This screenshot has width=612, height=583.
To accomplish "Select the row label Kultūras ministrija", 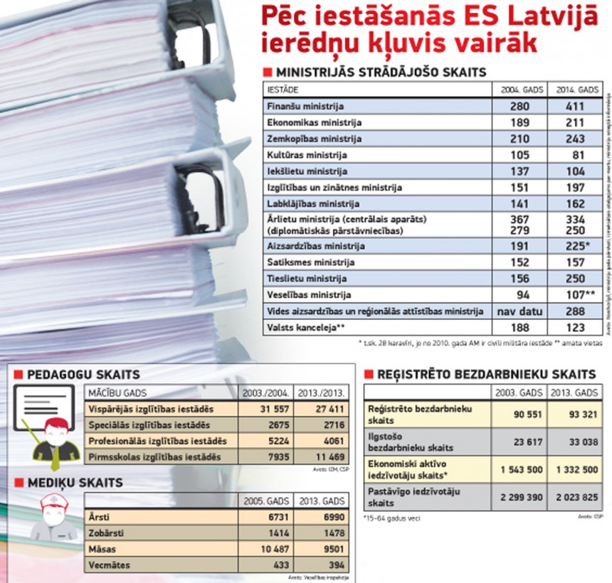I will coord(297,155).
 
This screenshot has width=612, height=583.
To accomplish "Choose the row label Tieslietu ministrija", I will coord(297,278).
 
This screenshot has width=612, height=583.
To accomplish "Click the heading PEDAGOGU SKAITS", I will coord(78,374).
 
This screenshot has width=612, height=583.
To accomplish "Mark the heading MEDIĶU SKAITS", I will coord(68,483).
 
